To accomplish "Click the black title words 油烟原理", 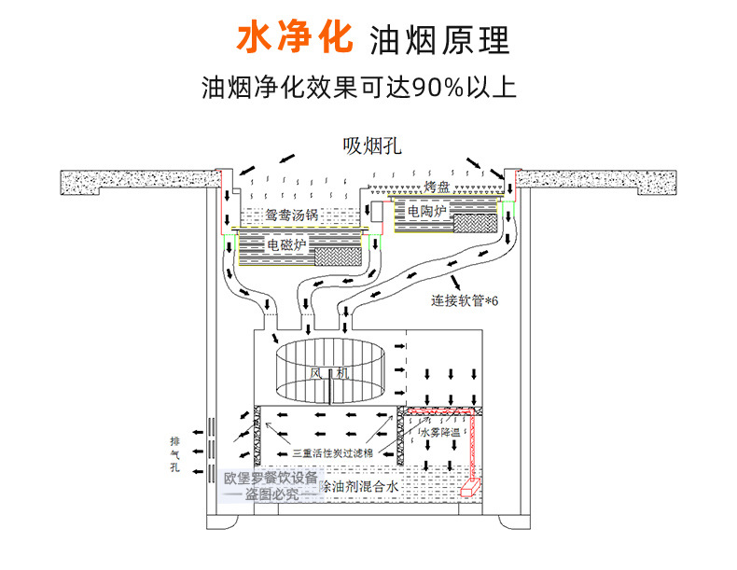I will coord(439,41).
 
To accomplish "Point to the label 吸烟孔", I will coord(368,146).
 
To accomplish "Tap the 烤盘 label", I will coord(437,187).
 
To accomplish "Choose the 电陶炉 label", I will coord(426,213).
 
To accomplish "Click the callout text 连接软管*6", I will coord(466,300).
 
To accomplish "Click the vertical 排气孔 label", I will coord(174,454).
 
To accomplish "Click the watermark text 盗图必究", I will coord(273,495).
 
